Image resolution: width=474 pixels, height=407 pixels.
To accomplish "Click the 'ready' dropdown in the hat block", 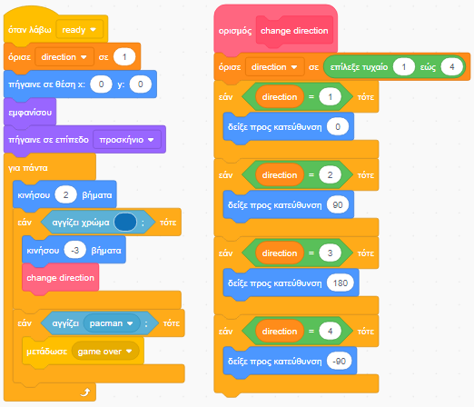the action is [80, 30].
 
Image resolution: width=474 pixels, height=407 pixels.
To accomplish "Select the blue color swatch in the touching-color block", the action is [125, 223].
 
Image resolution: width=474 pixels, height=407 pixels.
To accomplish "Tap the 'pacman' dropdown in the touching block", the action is [112, 323].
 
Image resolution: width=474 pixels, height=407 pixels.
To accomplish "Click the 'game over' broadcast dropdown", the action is [105, 352].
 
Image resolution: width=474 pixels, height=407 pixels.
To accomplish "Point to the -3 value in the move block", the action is [75, 250].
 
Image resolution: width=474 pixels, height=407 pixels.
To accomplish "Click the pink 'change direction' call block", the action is [61, 278].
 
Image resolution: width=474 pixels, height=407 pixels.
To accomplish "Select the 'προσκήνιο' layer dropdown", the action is [127, 140].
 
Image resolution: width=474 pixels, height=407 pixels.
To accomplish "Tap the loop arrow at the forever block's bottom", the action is [85, 392].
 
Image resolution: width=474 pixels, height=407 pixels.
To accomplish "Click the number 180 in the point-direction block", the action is [341, 283].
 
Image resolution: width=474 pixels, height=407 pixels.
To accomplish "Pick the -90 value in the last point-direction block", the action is [339, 362].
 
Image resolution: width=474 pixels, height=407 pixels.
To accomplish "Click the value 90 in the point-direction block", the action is [338, 205].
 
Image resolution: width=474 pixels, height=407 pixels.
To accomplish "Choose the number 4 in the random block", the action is [452, 66].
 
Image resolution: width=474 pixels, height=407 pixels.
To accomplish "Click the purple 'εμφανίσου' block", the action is [30, 113].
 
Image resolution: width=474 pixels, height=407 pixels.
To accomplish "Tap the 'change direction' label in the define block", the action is [294, 31].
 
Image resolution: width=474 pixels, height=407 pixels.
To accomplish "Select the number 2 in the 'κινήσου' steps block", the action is [65, 194].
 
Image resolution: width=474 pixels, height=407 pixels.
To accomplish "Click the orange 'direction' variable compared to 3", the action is [280, 253].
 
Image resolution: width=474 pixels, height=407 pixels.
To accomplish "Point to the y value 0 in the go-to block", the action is [140, 84].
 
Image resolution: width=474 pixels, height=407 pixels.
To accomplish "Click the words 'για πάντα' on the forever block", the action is [28, 168].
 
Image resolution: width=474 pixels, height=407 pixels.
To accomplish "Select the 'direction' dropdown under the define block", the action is [275, 67].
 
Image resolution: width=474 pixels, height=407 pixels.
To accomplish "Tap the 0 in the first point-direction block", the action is [338, 126].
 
